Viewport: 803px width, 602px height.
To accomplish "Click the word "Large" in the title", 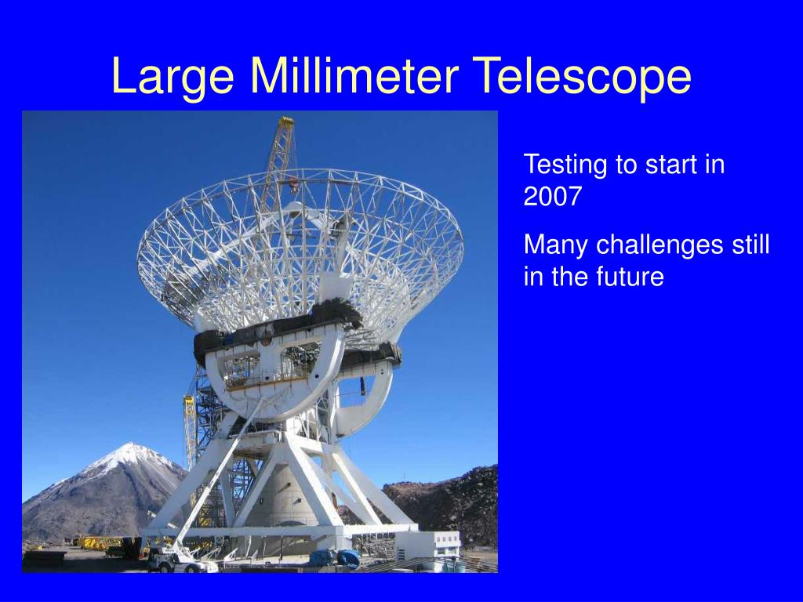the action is (x=173, y=76).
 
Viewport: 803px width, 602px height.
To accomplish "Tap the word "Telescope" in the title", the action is (x=582, y=76).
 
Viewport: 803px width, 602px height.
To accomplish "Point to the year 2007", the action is (x=553, y=196).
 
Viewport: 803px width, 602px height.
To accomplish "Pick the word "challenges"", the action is (x=659, y=245).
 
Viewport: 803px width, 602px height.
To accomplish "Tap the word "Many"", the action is (x=556, y=245).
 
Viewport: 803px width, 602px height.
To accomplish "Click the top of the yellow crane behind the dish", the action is (x=286, y=121).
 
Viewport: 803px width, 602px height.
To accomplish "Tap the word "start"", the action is (x=666, y=165).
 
